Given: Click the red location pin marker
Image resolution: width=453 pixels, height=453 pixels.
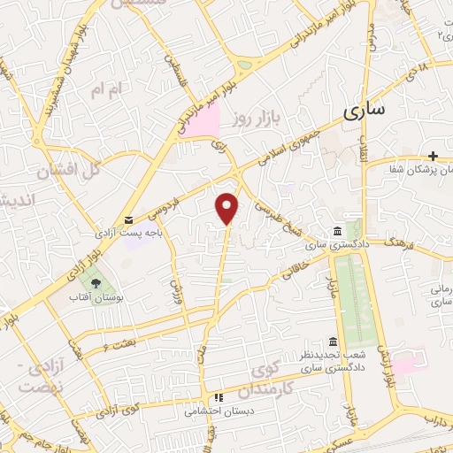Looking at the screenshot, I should tap(228, 207).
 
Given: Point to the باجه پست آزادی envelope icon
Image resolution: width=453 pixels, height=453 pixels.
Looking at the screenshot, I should tap(128, 219).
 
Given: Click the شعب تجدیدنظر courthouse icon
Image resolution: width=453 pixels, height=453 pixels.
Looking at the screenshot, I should tap(332, 342).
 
